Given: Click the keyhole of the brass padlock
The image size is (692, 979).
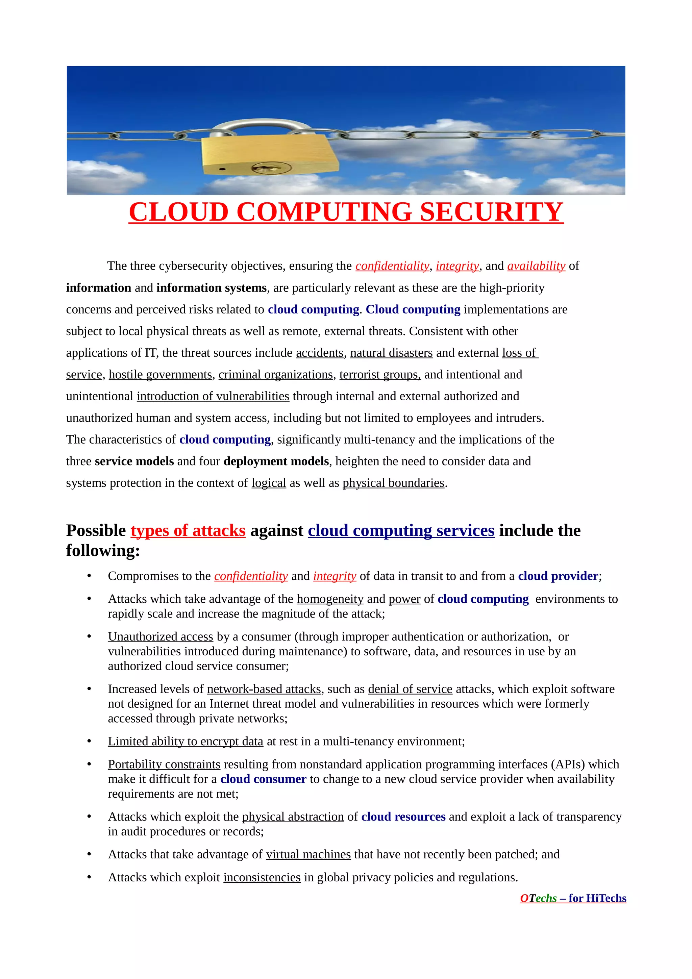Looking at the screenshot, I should click(x=271, y=168).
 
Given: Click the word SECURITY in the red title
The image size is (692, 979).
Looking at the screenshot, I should click(x=491, y=212).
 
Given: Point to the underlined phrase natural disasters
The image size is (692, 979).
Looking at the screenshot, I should click(x=391, y=353).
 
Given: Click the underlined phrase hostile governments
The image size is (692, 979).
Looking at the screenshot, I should click(x=160, y=375).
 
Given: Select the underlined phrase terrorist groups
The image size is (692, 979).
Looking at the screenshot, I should click(x=379, y=375).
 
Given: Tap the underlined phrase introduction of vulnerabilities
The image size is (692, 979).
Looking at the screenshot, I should click(x=213, y=397).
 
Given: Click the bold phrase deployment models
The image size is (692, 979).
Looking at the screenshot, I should click(x=276, y=461).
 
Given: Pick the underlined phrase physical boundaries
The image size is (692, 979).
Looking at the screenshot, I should click(x=393, y=483).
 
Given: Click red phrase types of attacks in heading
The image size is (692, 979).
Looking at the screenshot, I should click(x=188, y=531).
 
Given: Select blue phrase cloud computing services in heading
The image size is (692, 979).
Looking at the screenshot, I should click(x=401, y=531).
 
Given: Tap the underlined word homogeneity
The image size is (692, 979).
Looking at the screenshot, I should click(x=330, y=599).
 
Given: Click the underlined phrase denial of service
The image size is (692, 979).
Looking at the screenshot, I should click(x=410, y=689).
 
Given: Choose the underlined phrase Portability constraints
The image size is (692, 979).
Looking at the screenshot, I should click(x=164, y=764).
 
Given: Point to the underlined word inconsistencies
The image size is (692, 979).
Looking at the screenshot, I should click(x=262, y=878).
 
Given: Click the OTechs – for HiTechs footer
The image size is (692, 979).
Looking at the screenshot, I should click(x=573, y=898).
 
